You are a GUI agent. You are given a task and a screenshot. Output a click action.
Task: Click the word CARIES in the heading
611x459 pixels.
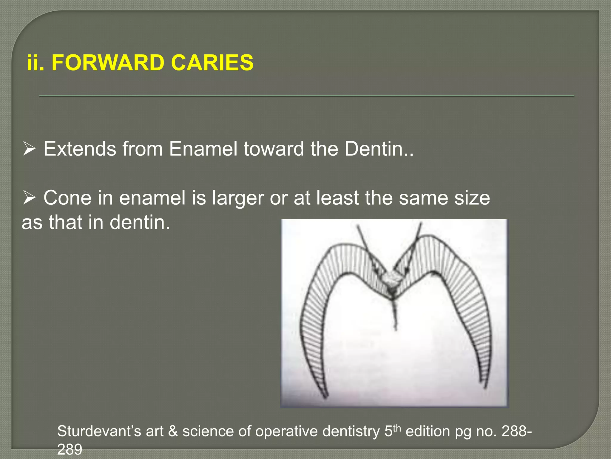click(x=212, y=63)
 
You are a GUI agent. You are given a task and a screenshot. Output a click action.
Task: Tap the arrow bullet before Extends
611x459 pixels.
click(x=29, y=149)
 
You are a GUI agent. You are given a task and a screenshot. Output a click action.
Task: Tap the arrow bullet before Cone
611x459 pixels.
click(x=29, y=198)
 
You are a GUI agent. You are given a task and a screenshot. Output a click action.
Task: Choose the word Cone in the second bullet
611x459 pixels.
click(x=67, y=198)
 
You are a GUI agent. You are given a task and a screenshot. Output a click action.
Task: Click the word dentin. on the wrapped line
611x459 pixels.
click(x=140, y=223)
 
